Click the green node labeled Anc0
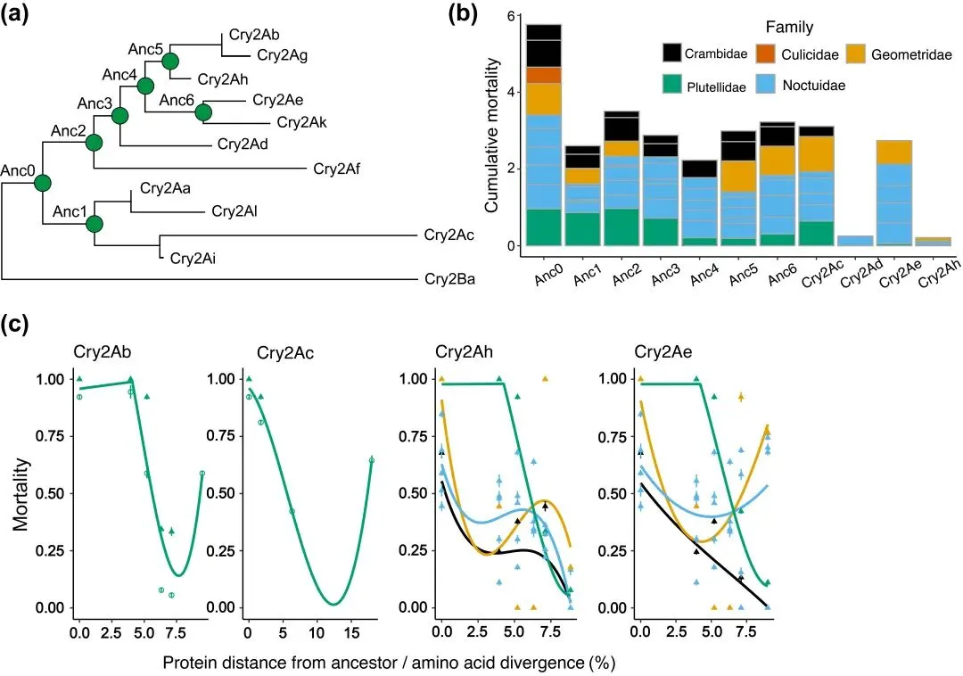[x=42, y=183]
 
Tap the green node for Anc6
[x=202, y=111]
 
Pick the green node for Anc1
[x=95, y=223]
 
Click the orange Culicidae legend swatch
[x=770, y=54]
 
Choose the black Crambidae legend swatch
[x=674, y=54]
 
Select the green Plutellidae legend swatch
[x=674, y=85]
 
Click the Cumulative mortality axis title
[x=491, y=130]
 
